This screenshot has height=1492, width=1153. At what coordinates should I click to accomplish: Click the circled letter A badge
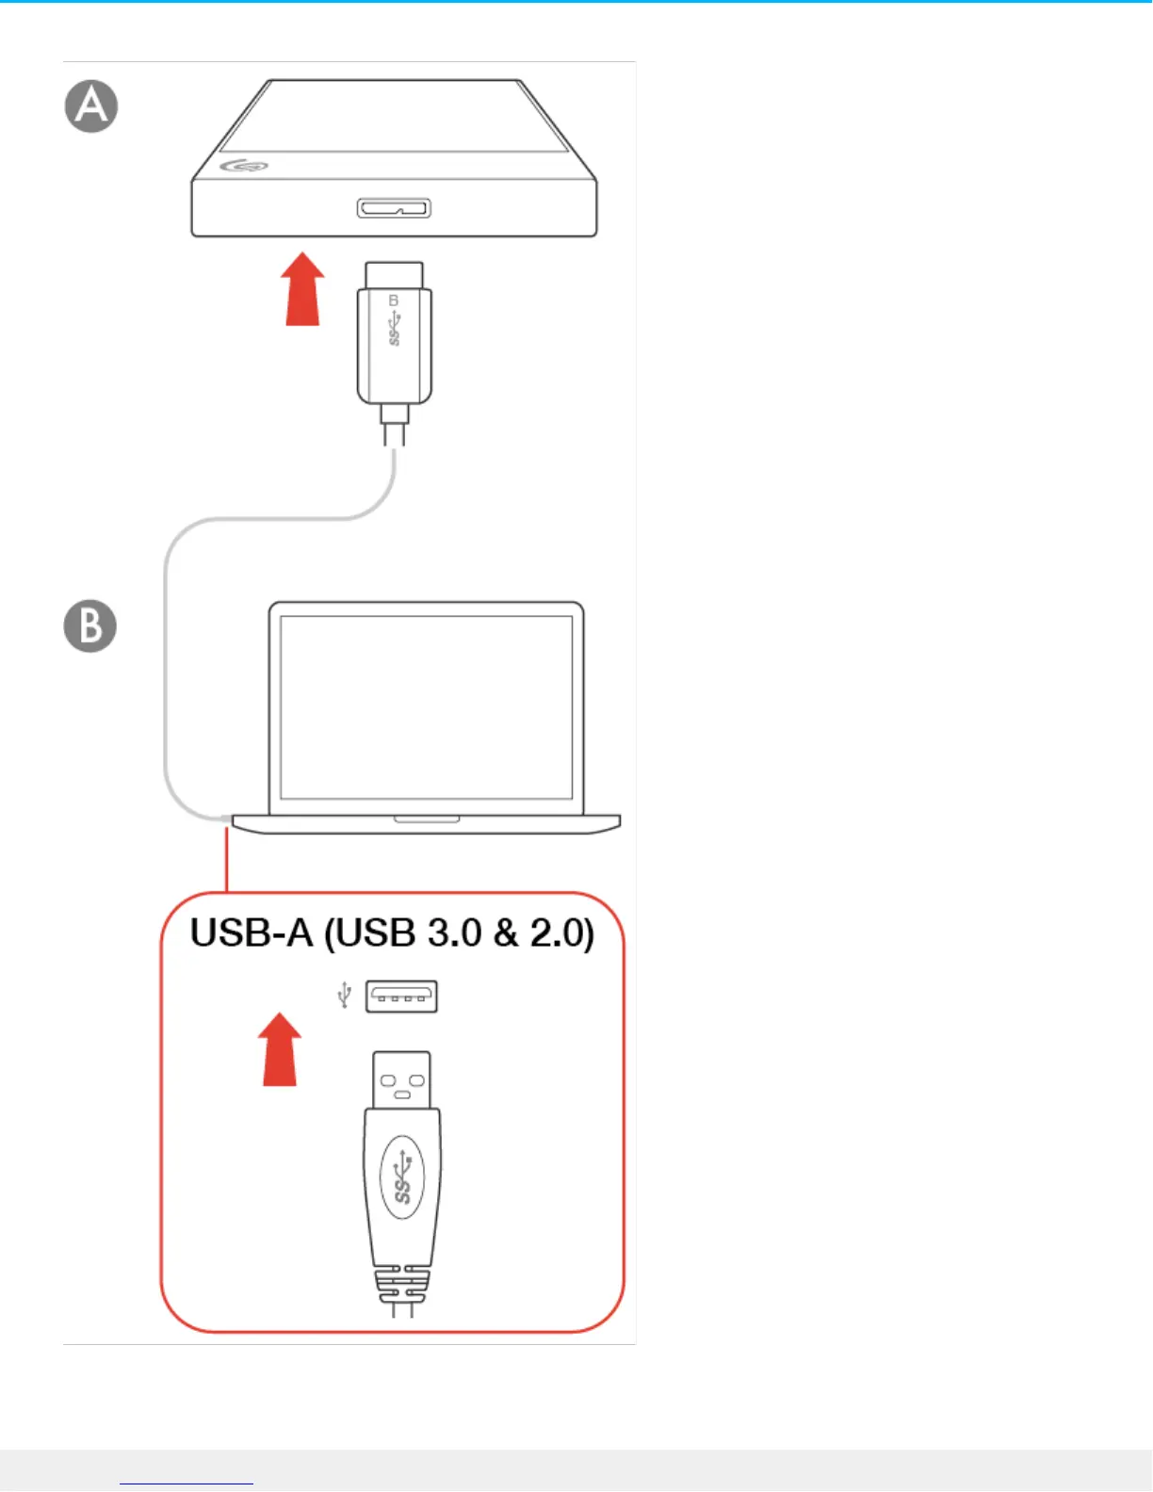[x=91, y=106]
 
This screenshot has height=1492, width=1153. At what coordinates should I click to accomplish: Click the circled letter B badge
[x=90, y=626]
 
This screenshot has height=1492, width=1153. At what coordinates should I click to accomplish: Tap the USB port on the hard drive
[x=394, y=208]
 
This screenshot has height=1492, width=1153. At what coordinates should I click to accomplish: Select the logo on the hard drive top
[x=244, y=167]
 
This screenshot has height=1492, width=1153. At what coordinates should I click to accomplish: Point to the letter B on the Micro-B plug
[x=394, y=300]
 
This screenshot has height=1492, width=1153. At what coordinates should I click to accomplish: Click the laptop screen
[x=427, y=707]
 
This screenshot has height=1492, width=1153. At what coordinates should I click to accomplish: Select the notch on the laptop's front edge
[x=427, y=819]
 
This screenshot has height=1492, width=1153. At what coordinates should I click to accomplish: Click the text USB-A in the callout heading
[x=251, y=933]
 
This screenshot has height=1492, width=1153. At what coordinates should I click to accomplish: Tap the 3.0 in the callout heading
[x=454, y=933]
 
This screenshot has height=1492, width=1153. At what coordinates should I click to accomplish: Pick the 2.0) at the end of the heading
[x=561, y=933]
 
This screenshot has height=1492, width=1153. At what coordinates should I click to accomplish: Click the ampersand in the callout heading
[x=506, y=933]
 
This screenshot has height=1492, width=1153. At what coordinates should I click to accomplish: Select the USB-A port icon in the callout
[x=401, y=997]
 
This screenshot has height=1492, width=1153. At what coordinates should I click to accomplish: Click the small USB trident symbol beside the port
[x=345, y=995]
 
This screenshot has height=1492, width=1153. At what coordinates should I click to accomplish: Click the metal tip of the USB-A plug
[x=402, y=1079]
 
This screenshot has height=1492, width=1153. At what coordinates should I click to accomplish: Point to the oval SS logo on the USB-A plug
[x=402, y=1177]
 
